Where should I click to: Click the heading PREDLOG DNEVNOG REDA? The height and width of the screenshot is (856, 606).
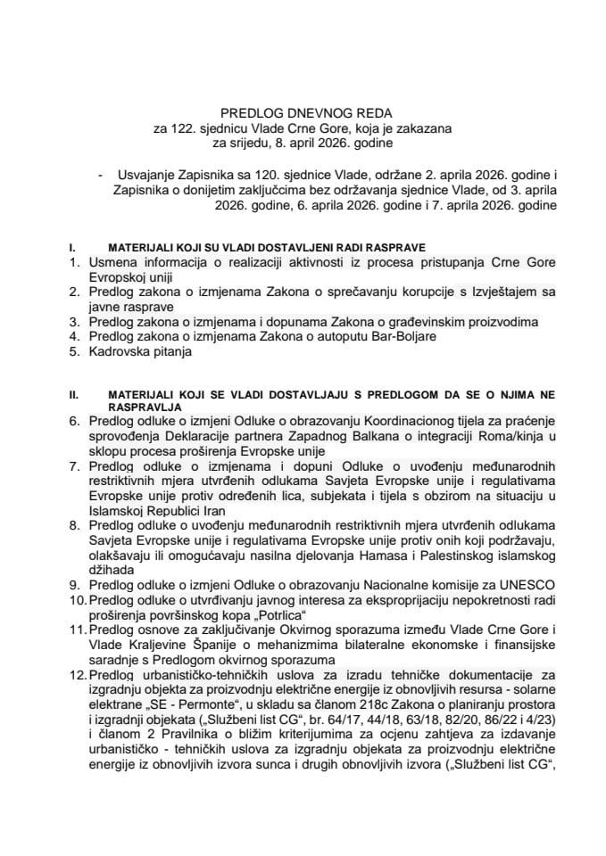coord(303,114)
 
